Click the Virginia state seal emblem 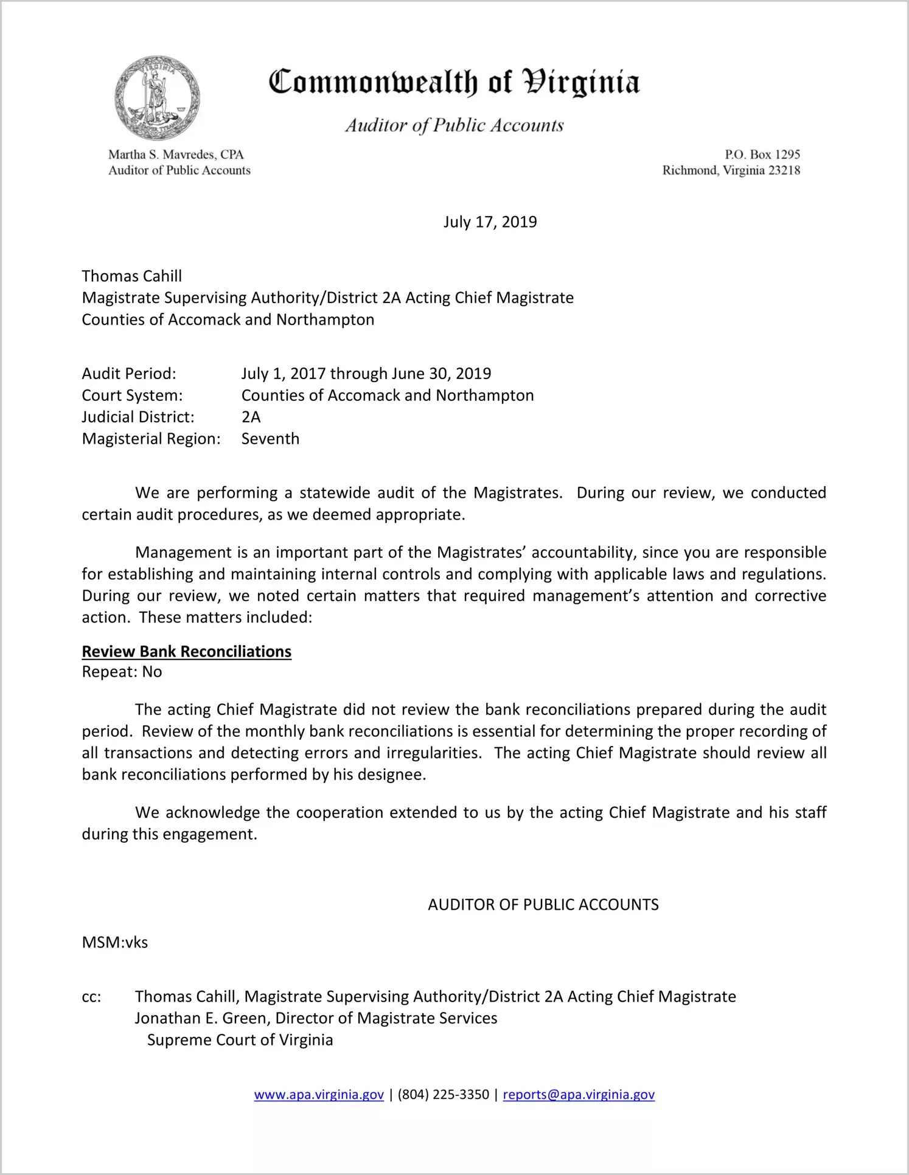pyautogui.click(x=157, y=98)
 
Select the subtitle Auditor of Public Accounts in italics pyautogui.click(x=454, y=125)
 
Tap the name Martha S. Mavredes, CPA pyautogui.click(x=176, y=155)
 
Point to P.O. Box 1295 pyautogui.click(x=762, y=155)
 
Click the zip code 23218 pyautogui.click(x=784, y=170)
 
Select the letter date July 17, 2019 pyautogui.click(x=490, y=221)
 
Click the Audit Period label pyautogui.click(x=129, y=374)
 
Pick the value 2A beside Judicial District pyautogui.click(x=251, y=417)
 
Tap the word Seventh pyautogui.click(x=270, y=439)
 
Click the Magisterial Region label pyautogui.click(x=151, y=439)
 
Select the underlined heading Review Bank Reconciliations pyautogui.click(x=186, y=652)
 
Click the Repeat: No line pyautogui.click(x=122, y=672)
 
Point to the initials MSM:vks pyautogui.click(x=114, y=943)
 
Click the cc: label pyautogui.click(x=91, y=997)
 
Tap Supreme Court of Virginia pyautogui.click(x=240, y=1040)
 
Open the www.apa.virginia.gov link pyautogui.click(x=319, y=1095)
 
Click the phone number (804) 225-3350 pyautogui.click(x=443, y=1095)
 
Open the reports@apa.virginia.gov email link pyautogui.click(x=578, y=1095)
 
